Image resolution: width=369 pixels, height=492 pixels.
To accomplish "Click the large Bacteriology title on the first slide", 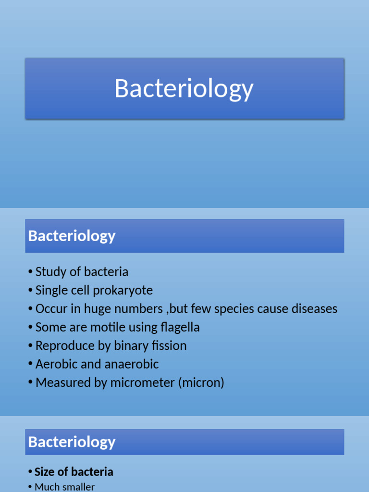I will click(184, 89).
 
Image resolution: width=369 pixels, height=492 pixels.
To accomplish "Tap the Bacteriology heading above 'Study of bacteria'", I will click(72, 236).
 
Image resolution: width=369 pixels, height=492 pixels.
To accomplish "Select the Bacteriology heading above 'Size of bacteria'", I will click(72, 442).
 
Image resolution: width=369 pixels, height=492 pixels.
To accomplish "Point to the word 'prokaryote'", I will click(130, 291).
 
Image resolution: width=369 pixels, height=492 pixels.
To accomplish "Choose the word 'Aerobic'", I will click(56, 364).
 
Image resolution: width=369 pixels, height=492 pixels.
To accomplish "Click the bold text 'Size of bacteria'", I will click(74, 472).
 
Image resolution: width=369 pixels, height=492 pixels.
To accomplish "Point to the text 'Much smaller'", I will click(64, 487).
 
